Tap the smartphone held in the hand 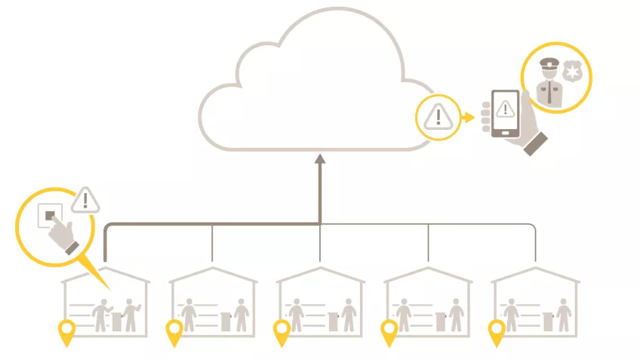tap(505, 114)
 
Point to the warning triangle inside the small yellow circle tap(437, 117)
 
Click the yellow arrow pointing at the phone tap(469, 117)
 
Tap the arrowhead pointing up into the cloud tap(320, 158)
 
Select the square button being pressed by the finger tap(50, 216)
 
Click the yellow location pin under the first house tap(67, 331)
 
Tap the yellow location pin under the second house tap(174, 331)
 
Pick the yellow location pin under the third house tap(282, 331)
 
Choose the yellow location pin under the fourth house tap(389, 331)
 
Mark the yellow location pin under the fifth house tap(497, 331)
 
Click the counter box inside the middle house tap(333, 321)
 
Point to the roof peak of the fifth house tap(536, 269)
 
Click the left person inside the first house tap(100, 314)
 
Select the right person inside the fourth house tap(456, 314)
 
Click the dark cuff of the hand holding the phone tap(537, 143)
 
